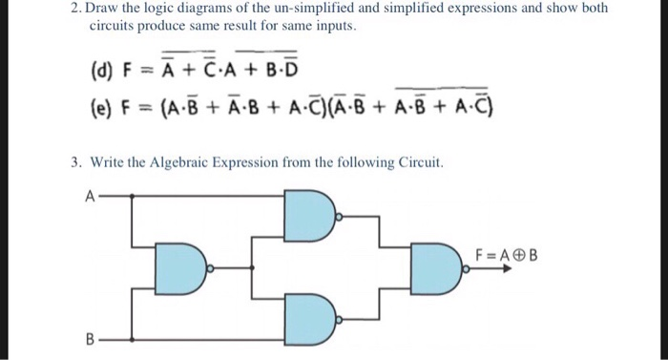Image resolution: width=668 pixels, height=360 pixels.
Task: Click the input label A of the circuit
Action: click(89, 198)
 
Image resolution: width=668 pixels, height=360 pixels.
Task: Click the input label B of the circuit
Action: click(89, 338)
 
